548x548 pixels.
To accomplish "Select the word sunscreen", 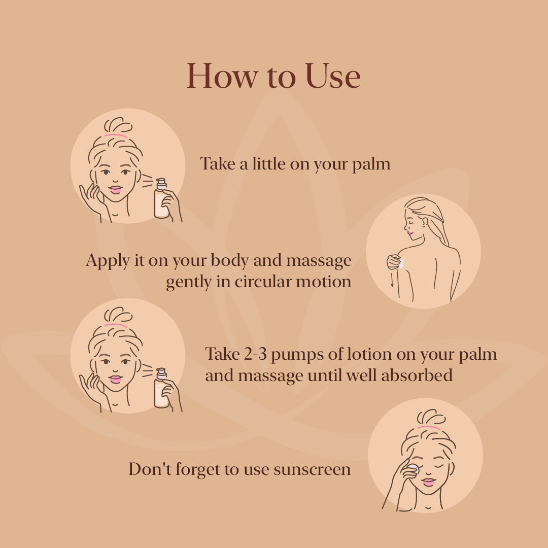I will click(x=312, y=469).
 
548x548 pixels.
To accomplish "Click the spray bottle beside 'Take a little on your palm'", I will click(x=161, y=199).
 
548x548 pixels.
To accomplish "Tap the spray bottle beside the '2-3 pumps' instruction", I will click(x=161, y=389).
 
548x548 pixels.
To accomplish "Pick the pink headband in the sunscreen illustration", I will click(x=429, y=429).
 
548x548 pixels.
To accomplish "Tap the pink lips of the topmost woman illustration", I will click(x=116, y=190).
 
